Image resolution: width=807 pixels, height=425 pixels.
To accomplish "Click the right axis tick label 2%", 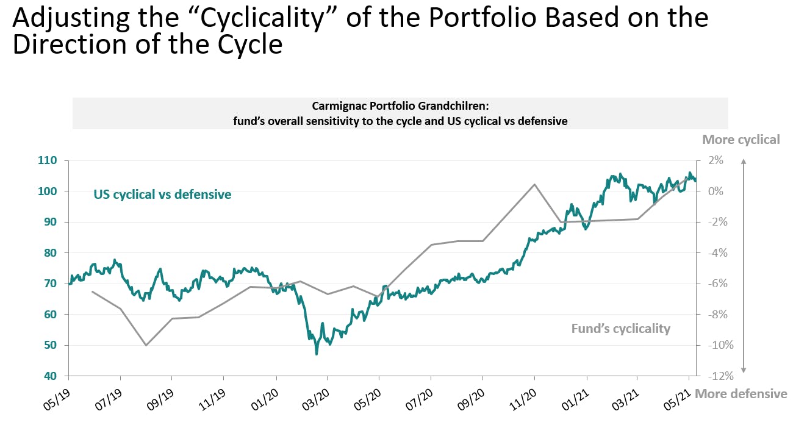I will coord(716,160).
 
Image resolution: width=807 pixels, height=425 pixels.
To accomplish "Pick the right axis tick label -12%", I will coord(713,376).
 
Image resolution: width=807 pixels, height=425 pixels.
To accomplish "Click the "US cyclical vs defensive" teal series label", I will coord(162,195).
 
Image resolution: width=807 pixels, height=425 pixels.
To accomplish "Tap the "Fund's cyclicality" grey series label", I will coord(620,329).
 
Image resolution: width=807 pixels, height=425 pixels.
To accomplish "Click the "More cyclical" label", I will coord(741,139).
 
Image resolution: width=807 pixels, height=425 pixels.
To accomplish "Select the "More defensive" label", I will coord(741,393).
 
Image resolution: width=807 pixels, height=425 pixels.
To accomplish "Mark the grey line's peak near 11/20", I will coord(534,184).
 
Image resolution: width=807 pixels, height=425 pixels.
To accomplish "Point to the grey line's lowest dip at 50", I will coord(146,345).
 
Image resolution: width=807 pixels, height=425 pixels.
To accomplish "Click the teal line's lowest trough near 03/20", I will coord(316,354).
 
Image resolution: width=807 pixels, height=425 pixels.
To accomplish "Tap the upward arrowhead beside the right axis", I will coord(744,162).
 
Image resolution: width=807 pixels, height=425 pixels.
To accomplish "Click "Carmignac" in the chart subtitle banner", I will coord(336,105).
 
